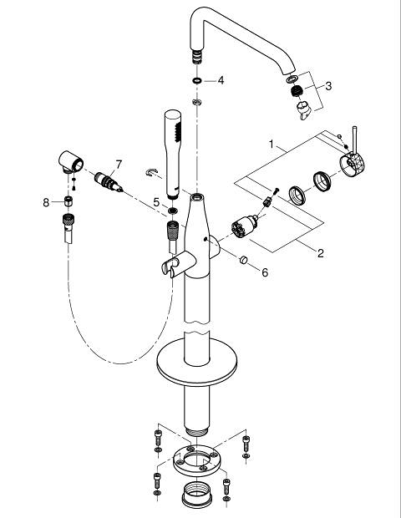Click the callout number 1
(x=272, y=145)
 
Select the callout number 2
(x=321, y=253)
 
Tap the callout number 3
(x=328, y=86)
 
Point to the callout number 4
(x=221, y=80)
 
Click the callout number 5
(x=156, y=202)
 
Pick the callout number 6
(x=265, y=272)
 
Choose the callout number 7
(x=119, y=165)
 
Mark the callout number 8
(x=46, y=202)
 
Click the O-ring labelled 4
(x=197, y=80)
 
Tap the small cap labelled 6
(x=244, y=260)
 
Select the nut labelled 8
(x=69, y=201)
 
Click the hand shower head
(x=173, y=155)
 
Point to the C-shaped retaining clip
(x=151, y=172)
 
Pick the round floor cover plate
(x=196, y=362)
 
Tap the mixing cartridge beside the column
(x=245, y=226)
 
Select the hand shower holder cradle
(x=171, y=263)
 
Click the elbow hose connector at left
(x=71, y=161)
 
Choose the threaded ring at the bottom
(x=197, y=493)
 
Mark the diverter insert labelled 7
(x=109, y=182)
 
